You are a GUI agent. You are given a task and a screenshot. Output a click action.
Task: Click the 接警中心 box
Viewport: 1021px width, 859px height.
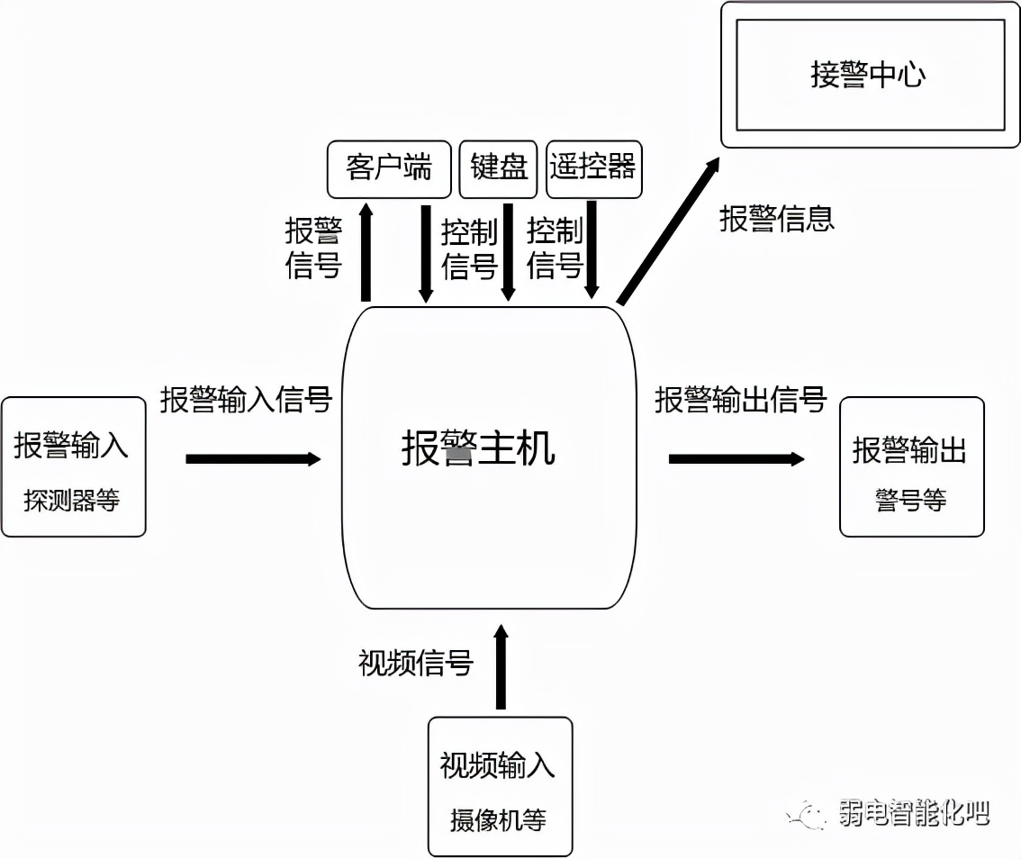point(870,75)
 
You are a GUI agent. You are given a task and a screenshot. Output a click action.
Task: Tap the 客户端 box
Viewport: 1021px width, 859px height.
point(389,168)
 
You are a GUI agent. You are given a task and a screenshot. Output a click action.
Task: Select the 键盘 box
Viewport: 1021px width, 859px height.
point(499,168)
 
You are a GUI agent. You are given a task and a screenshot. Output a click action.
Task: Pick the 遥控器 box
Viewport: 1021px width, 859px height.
point(593,168)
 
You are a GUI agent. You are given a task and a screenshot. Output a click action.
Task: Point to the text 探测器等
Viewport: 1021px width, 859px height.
point(72,501)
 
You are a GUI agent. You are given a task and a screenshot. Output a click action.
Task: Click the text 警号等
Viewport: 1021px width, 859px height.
point(910,501)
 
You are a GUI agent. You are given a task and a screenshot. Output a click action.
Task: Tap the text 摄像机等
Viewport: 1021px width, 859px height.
point(498,819)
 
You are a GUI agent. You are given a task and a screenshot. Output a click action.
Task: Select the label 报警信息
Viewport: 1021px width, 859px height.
point(776,219)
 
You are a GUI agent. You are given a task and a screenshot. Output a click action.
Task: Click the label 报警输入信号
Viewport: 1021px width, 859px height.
point(246,400)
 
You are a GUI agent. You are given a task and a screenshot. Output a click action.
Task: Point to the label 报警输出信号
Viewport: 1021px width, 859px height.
point(740,400)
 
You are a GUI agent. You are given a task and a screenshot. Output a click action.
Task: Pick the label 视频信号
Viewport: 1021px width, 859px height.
point(416,664)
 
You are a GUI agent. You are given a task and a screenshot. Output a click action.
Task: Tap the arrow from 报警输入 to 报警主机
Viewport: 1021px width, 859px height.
point(253,459)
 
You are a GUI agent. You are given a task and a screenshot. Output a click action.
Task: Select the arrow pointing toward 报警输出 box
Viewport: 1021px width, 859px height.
point(736,459)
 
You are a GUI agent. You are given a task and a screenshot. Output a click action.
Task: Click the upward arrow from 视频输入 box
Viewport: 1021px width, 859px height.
point(501,666)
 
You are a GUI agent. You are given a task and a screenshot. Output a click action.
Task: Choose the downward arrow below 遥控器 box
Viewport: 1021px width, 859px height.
point(592,249)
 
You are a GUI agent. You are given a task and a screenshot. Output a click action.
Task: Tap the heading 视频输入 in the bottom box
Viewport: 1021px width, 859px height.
point(498,765)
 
